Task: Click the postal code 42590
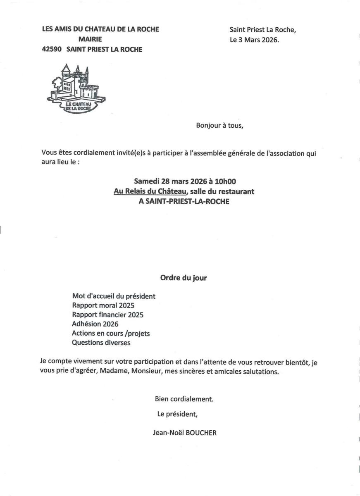pyautogui.click(x=52, y=50)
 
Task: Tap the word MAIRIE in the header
pyautogui.click(x=90, y=39)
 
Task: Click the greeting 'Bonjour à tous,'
pyautogui.click(x=219, y=126)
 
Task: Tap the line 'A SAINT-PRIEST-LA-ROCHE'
pyautogui.click(x=184, y=202)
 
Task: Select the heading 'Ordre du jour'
pyautogui.click(x=184, y=278)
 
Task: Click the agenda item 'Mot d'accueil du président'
pyautogui.click(x=114, y=296)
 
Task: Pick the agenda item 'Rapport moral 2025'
pyautogui.click(x=103, y=305)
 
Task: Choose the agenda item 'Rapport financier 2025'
pyautogui.click(x=107, y=315)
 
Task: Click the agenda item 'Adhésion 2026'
pyautogui.click(x=95, y=324)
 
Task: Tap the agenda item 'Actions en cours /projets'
pyautogui.click(x=111, y=333)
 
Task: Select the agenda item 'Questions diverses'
pyautogui.click(x=101, y=343)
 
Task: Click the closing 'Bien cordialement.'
pyautogui.click(x=184, y=399)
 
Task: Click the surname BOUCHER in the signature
pyautogui.click(x=203, y=433)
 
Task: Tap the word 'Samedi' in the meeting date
pyautogui.click(x=147, y=181)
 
